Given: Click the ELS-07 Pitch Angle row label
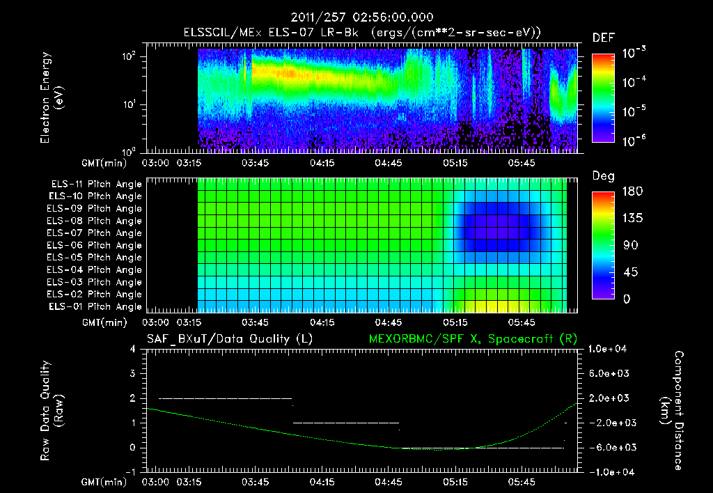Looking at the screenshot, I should click(x=94, y=233).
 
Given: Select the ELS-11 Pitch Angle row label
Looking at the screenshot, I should click(x=94, y=185).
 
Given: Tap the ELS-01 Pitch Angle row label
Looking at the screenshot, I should click(x=94, y=307).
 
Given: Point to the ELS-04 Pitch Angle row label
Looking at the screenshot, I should click(x=94, y=270).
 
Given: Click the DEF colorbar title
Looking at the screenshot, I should click(x=603, y=38).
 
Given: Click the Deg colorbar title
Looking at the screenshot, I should click(x=603, y=176).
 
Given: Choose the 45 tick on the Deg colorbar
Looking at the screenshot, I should click(x=623, y=272).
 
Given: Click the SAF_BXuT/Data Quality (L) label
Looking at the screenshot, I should click(x=229, y=338).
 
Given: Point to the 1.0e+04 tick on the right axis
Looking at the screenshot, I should click(x=609, y=349).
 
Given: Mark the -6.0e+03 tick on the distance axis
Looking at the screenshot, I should click(x=610, y=447).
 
